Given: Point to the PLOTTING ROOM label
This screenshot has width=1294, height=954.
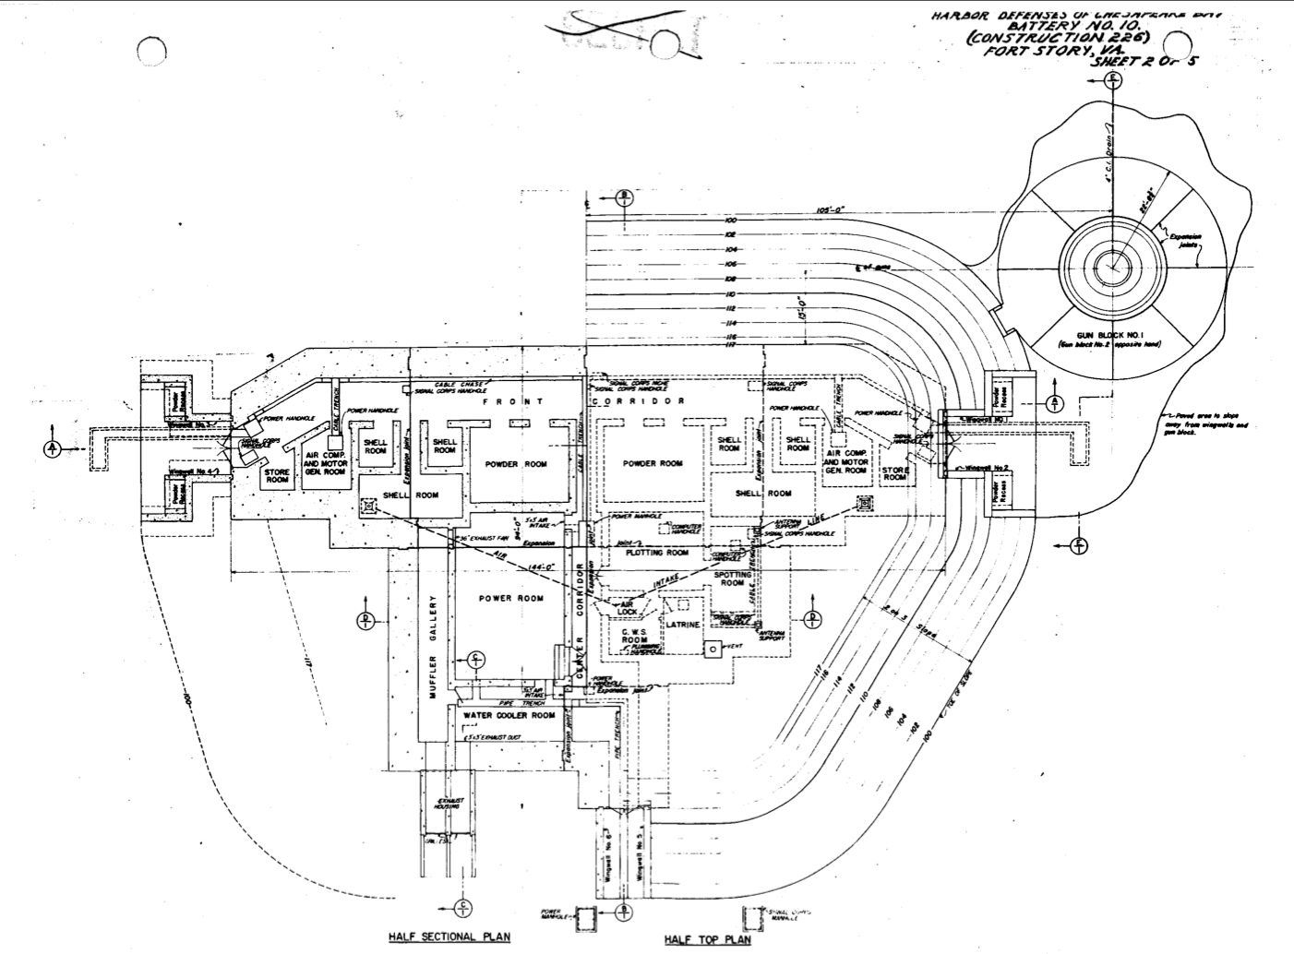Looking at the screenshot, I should (x=656, y=553).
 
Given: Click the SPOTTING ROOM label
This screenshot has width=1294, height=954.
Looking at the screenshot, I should (x=732, y=578).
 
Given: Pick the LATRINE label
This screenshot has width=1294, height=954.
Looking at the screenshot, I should (x=684, y=626).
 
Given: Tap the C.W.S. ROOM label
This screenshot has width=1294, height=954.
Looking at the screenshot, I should (x=634, y=635).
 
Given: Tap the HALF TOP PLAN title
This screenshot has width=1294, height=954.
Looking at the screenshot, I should (x=707, y=940).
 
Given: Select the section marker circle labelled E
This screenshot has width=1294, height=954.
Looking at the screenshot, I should (x=1114, y=79).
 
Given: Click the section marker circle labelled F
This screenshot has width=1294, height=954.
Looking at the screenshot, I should (x=1079, y=548).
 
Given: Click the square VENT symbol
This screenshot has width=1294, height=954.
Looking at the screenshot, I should (x=712, y=650).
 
